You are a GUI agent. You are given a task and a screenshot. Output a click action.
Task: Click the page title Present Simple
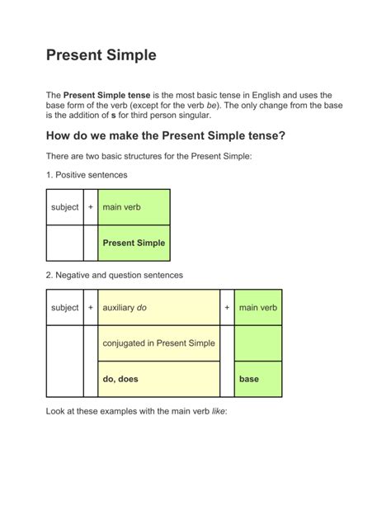point(101,56)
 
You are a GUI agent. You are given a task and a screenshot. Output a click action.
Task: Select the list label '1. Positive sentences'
point(87,175)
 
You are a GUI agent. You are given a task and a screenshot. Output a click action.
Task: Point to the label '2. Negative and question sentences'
point(114,274)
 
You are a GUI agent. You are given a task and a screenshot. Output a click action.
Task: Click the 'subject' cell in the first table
point(64,207)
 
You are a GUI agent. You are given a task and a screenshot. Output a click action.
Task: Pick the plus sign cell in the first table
point(90,207)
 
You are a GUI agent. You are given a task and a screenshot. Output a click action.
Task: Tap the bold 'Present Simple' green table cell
point(134,243)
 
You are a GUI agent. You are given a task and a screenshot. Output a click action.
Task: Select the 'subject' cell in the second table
point(64,308)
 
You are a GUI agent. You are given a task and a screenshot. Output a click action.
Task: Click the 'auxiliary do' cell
point(125,308)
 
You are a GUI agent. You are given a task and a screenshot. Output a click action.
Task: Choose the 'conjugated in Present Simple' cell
point(158,343)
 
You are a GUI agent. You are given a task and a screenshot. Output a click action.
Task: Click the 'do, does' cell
point(120,379)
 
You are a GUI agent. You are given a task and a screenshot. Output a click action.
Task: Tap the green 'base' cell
point(249,379)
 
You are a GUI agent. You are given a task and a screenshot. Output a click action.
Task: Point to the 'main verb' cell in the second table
point(258,308)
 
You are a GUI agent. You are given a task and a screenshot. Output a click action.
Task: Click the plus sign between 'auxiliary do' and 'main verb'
point(227,308)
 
